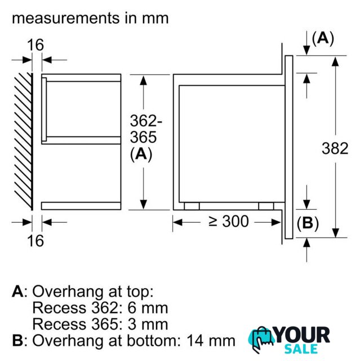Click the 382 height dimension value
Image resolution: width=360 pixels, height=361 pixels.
(335, 148)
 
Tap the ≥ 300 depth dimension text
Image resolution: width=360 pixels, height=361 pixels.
(229, 221)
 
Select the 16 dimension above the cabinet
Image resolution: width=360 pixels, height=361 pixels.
(35, 45)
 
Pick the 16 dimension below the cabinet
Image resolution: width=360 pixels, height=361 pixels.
(35, 241)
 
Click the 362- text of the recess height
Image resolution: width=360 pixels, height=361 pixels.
(146, 120)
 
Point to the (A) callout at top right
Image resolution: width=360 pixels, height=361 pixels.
(323, 38)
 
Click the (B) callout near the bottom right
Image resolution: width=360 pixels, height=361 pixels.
(308, 223)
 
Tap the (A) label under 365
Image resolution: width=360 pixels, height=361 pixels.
(141, 154)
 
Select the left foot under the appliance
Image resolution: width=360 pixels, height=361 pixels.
(192, 206)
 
